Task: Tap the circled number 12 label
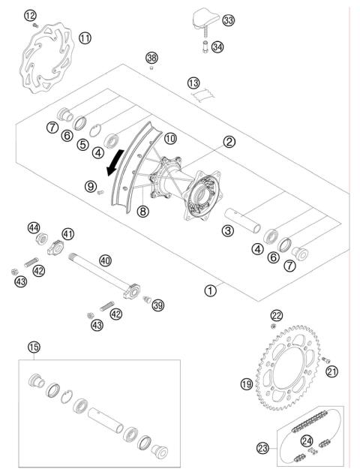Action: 30,15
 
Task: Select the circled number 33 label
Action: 228,20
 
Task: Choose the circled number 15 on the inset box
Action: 33,347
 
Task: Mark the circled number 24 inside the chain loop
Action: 306,440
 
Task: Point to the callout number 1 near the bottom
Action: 212,287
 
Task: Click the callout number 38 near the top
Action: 152,58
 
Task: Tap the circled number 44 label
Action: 33,227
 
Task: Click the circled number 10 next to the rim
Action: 170,139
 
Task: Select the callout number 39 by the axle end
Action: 157,304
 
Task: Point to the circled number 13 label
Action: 194,82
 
